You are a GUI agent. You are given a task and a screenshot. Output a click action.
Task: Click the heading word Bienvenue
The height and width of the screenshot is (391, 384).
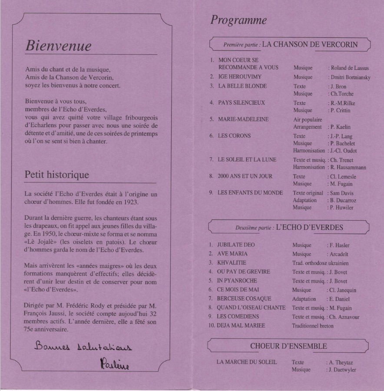pyautogui.click(x=58, y=46)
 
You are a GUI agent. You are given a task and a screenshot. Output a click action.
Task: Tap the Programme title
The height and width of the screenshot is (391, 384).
pyautogui.click(x=238, y=20)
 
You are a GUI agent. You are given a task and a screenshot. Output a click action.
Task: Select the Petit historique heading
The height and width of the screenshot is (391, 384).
pyautogui.click(x=57, y=175)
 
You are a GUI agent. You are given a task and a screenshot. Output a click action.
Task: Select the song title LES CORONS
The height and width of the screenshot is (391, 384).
pyautogui.click(x=234, y=136)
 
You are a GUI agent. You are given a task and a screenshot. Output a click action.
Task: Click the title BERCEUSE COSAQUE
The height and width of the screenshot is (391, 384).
pyautogui.click(x=244, y=298)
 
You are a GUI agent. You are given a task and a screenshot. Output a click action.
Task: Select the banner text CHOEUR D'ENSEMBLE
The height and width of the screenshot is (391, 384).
pyautogui.click(x=288, y=346)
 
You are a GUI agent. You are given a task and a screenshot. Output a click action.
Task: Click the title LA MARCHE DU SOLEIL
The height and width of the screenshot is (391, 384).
pyautogui.click(x=246, y=362)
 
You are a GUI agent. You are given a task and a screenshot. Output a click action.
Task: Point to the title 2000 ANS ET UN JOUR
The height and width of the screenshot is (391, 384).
pyautogui.click(x=245, y=176)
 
